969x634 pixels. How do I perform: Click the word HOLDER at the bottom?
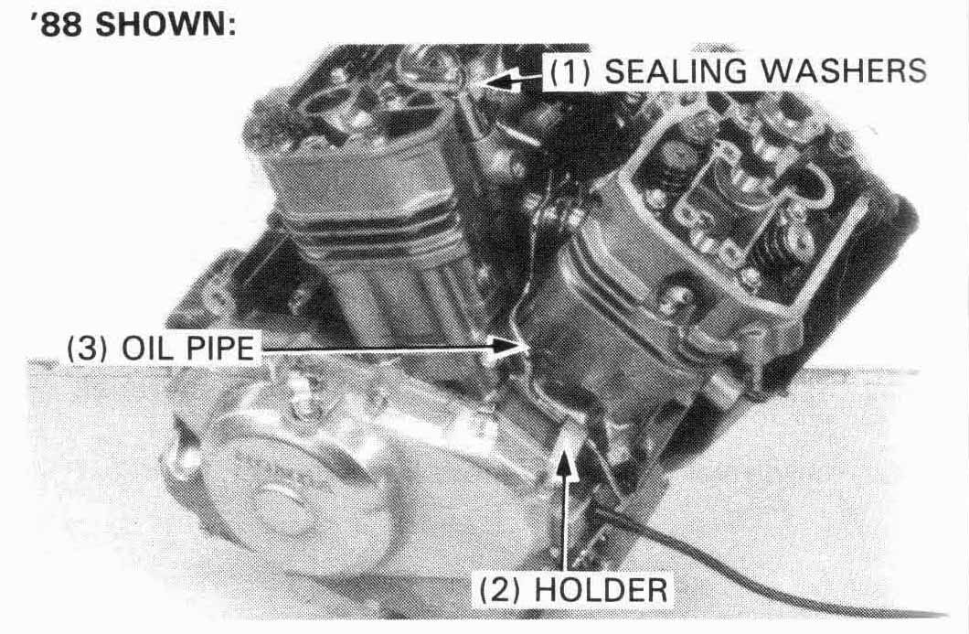[601, 589]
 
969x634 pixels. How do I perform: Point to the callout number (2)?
[502, 590]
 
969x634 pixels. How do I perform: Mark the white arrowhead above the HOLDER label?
[564, 461]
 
